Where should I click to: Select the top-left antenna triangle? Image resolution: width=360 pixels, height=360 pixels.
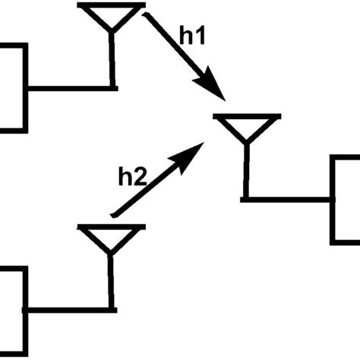(x=112, y=16)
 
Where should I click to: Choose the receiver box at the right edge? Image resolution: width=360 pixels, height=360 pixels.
(x=346, y=199)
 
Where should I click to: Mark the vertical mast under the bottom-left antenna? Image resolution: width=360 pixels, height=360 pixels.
(x=112, y=281)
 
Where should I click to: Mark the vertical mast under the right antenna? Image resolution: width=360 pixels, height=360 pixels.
(x=245, y=171)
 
